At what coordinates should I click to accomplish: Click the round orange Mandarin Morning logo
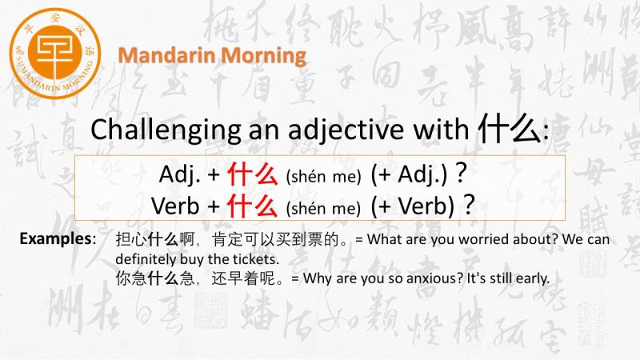pos(55,54)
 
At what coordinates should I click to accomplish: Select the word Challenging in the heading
pos(166,130)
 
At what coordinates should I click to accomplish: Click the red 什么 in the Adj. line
pos(253,174)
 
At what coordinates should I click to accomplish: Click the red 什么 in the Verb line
pos(252,206)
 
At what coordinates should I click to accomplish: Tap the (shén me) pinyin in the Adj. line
pos(324,177)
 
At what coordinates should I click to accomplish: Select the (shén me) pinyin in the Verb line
pos(323,208)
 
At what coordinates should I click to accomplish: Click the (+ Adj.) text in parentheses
pos(410,174)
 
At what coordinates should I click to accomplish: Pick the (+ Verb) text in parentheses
pos(413,206)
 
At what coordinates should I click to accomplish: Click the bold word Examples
pos(56,238)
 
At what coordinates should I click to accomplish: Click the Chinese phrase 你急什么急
pos(155,278)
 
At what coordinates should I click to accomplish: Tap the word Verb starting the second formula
pos(175,206)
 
